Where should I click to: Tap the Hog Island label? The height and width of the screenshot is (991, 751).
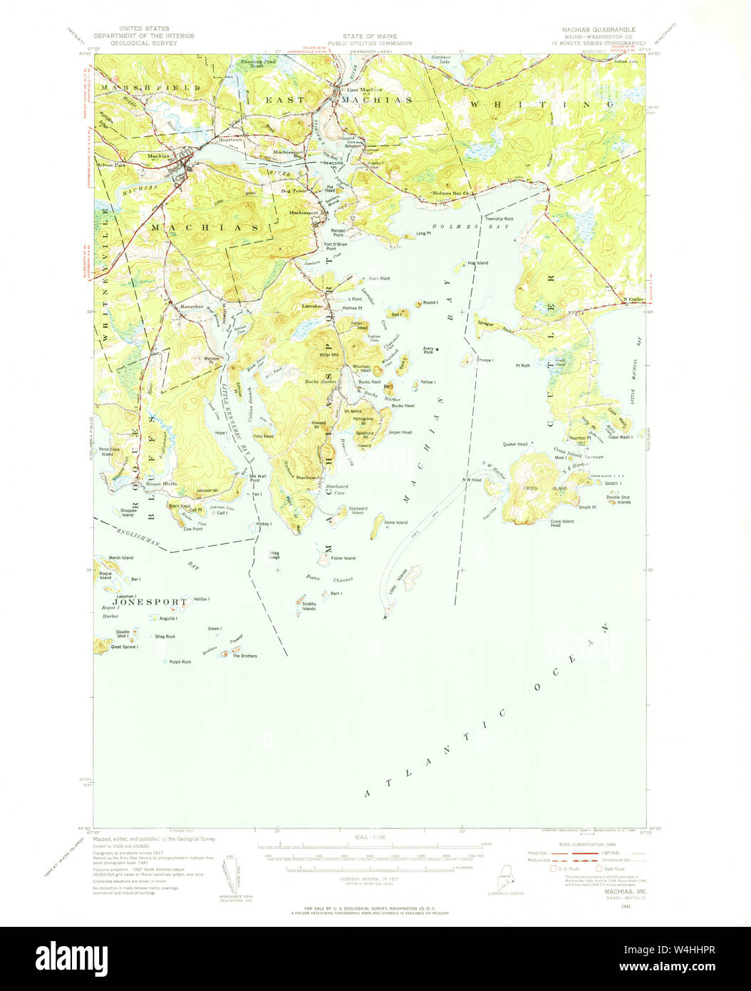pyautogui.click(x=477, y=263)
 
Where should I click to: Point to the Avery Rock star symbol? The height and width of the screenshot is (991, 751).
pyautogui.click(x=437, y=349)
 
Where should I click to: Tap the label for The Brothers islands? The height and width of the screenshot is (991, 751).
pyautogui.click(x=244, y=656)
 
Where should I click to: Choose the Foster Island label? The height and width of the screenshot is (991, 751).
pyautogui.click(x=343, y=558)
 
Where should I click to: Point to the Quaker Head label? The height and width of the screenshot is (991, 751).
pyautogui.click(x=514, y=444)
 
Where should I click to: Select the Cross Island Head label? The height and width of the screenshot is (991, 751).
pyautogui.click(x=561, y=523)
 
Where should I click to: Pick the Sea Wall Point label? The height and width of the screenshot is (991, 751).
pyautogui.click(x=257, y=478)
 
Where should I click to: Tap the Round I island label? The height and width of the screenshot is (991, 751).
pyautogui.click(x=430, y=302)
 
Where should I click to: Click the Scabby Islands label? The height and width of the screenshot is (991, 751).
pyautogui.click(x=309, y=606)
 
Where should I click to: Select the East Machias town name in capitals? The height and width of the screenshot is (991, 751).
pyautogui.click(x=338, y=101)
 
